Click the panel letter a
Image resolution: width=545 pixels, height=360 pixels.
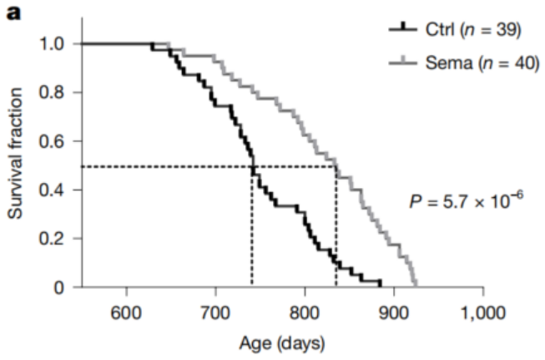point(13,13)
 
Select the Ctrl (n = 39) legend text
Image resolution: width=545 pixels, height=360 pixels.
point(473,29)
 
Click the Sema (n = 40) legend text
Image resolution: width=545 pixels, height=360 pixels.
point(482,63)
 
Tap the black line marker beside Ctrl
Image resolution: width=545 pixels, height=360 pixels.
point(403,28)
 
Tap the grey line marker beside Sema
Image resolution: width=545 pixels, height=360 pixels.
point(403,62)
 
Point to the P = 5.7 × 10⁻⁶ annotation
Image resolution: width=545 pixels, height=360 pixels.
point(466,200)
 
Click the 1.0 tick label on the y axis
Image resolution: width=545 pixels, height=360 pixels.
point(51,44)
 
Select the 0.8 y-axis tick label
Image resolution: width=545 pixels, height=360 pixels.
point(51,93)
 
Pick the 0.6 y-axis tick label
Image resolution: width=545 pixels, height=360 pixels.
point(51,141)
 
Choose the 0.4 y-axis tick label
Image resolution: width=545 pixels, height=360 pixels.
point(51,190)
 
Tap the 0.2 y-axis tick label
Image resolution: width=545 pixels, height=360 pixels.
point(51,239)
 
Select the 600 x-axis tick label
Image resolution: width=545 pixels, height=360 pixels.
point(126,313)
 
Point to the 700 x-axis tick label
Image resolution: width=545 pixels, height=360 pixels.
point(215,313)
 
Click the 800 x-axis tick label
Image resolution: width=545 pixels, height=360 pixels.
point(305,313)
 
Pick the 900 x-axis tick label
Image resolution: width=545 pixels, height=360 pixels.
point(394,313)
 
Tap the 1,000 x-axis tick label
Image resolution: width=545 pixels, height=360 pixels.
point(483,313)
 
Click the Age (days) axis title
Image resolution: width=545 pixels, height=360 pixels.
point(282,343)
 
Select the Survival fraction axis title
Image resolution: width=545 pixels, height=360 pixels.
point(15,154)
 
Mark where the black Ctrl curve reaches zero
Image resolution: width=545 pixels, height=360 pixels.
point(381,286)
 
